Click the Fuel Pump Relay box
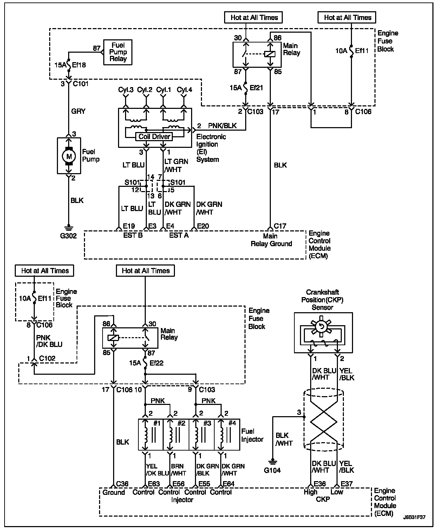coord(118,52)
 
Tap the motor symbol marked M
coord(69,156)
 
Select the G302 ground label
coord(68,236)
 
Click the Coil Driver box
coord(154,137)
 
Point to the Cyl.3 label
coord(125,90)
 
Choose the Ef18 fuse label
coord(79,65)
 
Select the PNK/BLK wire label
coord(222,126)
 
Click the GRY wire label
coord(78,111)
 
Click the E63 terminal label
coord(154,484)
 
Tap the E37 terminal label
coord(346,484)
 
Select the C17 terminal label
coord(280,226)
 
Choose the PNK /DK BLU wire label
coord(49,341)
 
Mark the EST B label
coord(132,235)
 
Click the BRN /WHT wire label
coord(179,470)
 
